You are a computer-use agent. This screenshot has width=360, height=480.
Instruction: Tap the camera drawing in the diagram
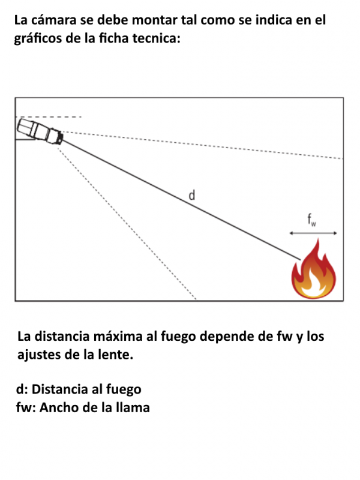[40, 131]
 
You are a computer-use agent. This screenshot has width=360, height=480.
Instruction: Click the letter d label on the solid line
[191, 194]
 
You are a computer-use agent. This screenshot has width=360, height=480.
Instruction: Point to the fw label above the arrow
[311, 220]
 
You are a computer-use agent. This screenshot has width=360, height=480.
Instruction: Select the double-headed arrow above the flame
[313, 233]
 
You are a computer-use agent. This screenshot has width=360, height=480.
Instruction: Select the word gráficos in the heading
[38, 39]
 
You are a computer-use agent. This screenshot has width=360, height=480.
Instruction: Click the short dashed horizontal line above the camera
[49, 117]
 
